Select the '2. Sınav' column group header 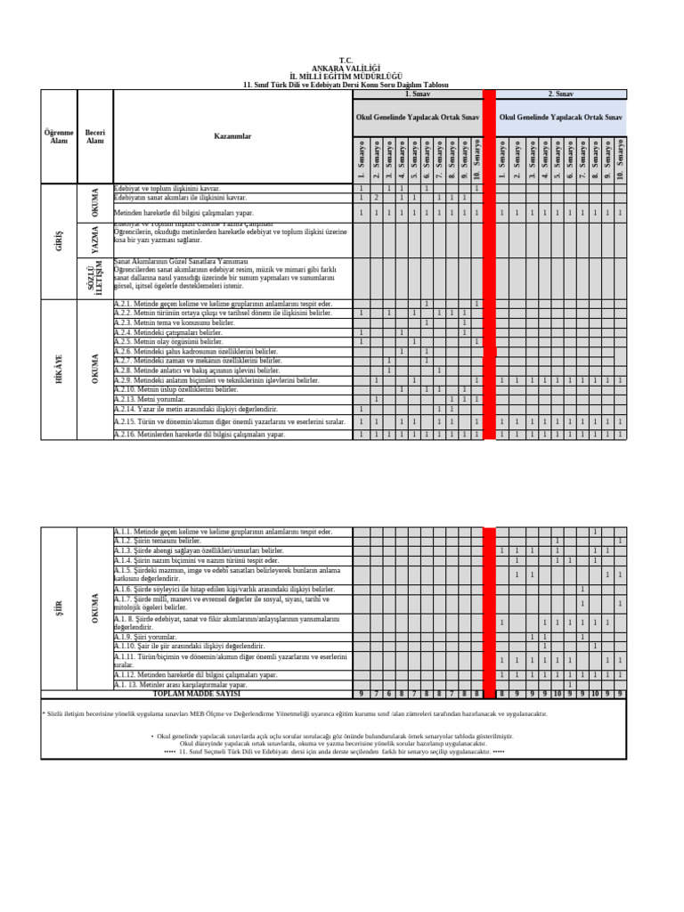[x=561, y=94]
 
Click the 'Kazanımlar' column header [x=232, y=136]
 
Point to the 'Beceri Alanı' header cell [x=95, y=136]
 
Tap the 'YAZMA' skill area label [x=95, y=239]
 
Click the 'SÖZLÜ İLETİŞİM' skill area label [x=95, y=275]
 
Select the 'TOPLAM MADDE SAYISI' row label [x=197, y=693]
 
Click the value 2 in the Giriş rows [x=376, y=198]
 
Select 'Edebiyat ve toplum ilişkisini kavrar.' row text [x=167, y=189]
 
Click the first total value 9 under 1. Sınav [x=361, y=693]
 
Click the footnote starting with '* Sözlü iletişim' [x=294, y=713]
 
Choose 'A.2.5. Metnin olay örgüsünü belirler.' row [x=169, y=341]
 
